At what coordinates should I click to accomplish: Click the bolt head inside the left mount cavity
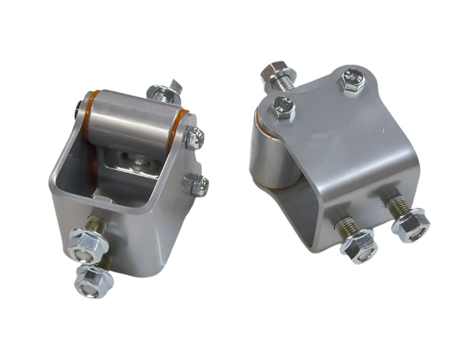136,156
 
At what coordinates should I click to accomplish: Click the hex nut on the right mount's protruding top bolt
272,71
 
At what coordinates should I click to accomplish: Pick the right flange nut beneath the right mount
411,224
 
